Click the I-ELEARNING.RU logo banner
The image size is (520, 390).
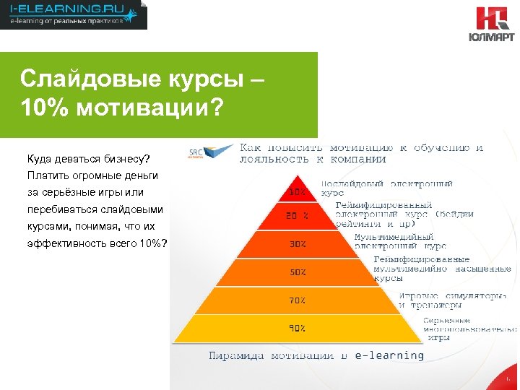coord(73,14)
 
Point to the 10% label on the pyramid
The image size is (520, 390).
coord(297,192)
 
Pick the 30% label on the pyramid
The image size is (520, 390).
coord(298,243)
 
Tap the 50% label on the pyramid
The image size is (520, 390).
coord(298,272)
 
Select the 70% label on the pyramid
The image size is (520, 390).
coord(298,300)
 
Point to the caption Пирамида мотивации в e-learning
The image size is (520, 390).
coord(316,355)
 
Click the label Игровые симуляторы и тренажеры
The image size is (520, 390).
coord(452,300)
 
